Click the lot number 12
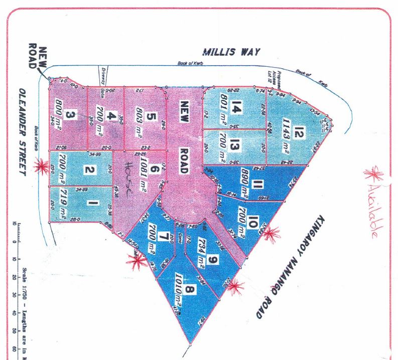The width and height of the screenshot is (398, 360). point(300,133)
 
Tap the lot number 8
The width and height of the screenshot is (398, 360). point(190,290)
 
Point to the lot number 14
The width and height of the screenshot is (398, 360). point(236,106)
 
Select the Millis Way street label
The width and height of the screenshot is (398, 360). point(231,52)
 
